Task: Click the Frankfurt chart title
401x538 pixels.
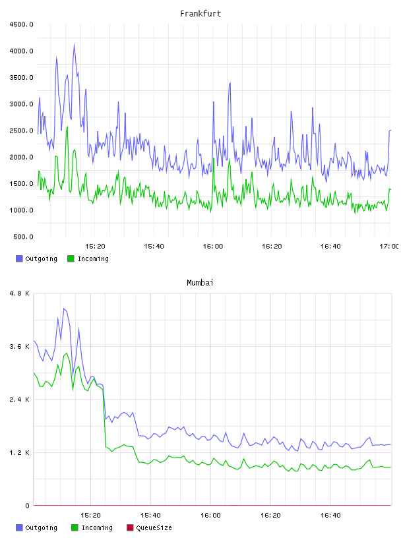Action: click(200, 14)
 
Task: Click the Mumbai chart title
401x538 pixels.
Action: click(200, 283)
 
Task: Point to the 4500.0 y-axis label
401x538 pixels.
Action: click(21, 24)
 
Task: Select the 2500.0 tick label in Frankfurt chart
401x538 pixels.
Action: click(21, 131)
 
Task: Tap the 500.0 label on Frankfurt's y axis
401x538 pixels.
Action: click(23, 237)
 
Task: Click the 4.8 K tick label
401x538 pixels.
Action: click(20, 293)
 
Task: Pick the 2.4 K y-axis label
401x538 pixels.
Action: click(20, 400)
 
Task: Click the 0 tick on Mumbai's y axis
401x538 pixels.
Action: click(28, 506)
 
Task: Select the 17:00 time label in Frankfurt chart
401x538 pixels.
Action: click(388, 246)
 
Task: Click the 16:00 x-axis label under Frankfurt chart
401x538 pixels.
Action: click(213, 246)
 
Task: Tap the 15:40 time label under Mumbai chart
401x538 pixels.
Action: click(150, 515)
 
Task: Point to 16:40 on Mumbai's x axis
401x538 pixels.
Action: click(330, 515)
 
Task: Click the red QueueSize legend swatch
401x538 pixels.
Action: click(130, 527)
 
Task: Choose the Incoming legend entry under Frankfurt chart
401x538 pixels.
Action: click(88, 258)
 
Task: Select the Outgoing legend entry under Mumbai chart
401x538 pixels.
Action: click(37, 527)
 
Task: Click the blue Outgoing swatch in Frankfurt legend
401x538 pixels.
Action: click(19, 258)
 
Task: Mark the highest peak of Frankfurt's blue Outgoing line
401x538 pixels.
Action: click(74, 44)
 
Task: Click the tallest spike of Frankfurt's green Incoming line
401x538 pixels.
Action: click(67, 127)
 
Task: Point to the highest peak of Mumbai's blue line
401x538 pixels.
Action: click(64, 309)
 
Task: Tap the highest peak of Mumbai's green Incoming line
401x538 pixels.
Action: click(67, 353)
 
